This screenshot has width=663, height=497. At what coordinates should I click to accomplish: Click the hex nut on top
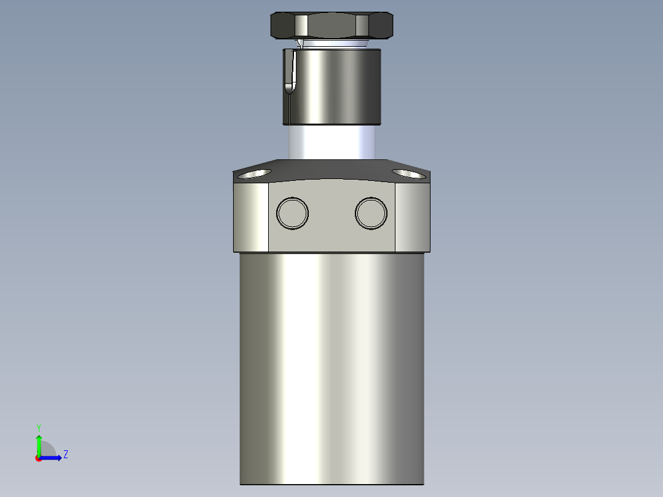(332, 26)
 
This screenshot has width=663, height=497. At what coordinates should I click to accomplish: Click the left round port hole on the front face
(292, 213)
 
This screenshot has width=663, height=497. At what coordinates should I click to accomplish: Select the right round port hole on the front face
(371, 213)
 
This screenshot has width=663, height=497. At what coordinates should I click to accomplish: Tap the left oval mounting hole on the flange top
(254, 174)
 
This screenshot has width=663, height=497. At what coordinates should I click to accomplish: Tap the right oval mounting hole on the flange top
(409, 174)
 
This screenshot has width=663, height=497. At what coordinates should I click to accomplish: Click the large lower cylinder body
(332, 369)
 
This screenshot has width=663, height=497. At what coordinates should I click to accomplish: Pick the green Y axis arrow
(39, 443)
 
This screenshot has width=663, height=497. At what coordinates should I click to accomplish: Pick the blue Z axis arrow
(53, 457)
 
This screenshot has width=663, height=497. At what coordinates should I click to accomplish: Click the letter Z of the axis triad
(65, 455)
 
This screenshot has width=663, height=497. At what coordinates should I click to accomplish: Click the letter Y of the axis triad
(39, 427)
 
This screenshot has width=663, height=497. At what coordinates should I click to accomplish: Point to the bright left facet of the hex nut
(301, 26)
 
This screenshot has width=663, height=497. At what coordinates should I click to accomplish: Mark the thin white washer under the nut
(332, 44)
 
